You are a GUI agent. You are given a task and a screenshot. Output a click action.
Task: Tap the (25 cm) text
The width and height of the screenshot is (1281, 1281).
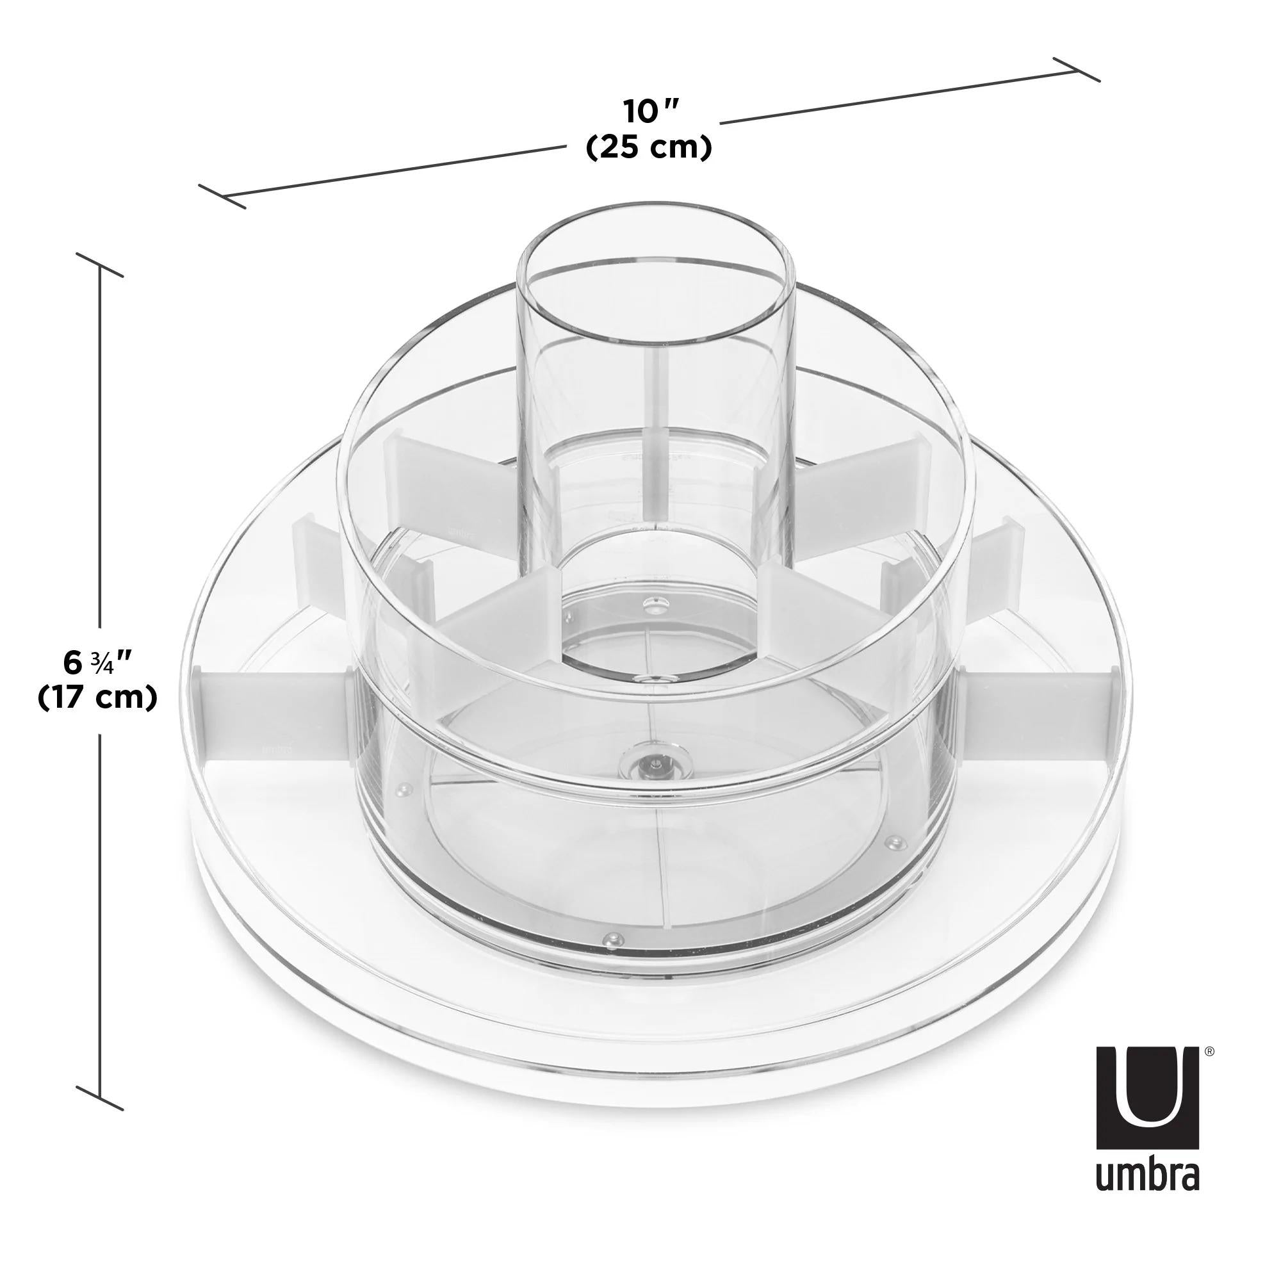[x=649, y=147]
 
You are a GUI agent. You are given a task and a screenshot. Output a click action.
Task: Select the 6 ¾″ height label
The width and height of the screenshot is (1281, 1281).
[x=97, y=662]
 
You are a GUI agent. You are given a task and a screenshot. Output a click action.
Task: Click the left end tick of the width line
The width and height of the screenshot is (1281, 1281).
[x=223, y=196]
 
